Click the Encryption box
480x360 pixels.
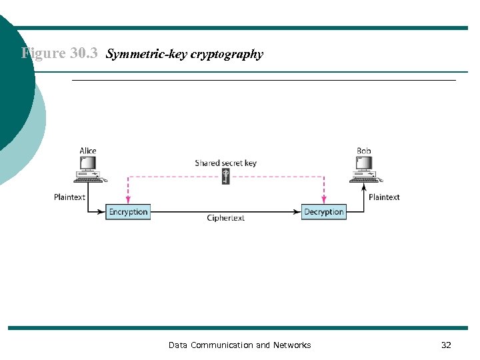pos(128,212)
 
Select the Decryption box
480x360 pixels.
pos(323,212)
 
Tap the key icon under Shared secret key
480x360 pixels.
pos(225,177)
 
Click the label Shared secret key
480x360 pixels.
pos(225,163)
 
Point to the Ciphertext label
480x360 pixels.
pos(225,218)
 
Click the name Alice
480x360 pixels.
pos(88,151)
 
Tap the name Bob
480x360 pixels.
pos(364,151)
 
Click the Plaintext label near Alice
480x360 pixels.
pos(70,197)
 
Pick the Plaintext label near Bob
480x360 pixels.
pos(384,197)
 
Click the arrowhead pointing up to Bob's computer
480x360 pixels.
pos(364,188)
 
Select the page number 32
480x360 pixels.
pos(446,345)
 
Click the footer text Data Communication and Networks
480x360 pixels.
pos(239,345)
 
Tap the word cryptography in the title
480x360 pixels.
pos(227,54)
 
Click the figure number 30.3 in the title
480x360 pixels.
pos(85,53)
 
